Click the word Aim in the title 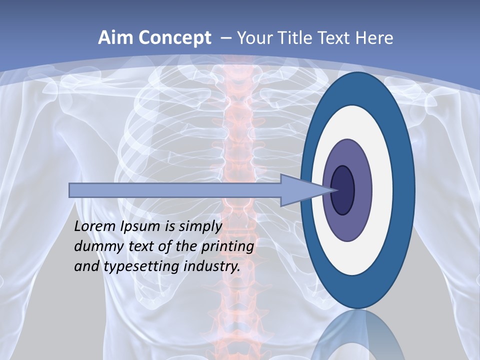pyautogui.click(x=116, y=38)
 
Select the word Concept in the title pyautogui.click(x=175, y=38)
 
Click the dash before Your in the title pyautogui.click(x=226, y=38)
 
